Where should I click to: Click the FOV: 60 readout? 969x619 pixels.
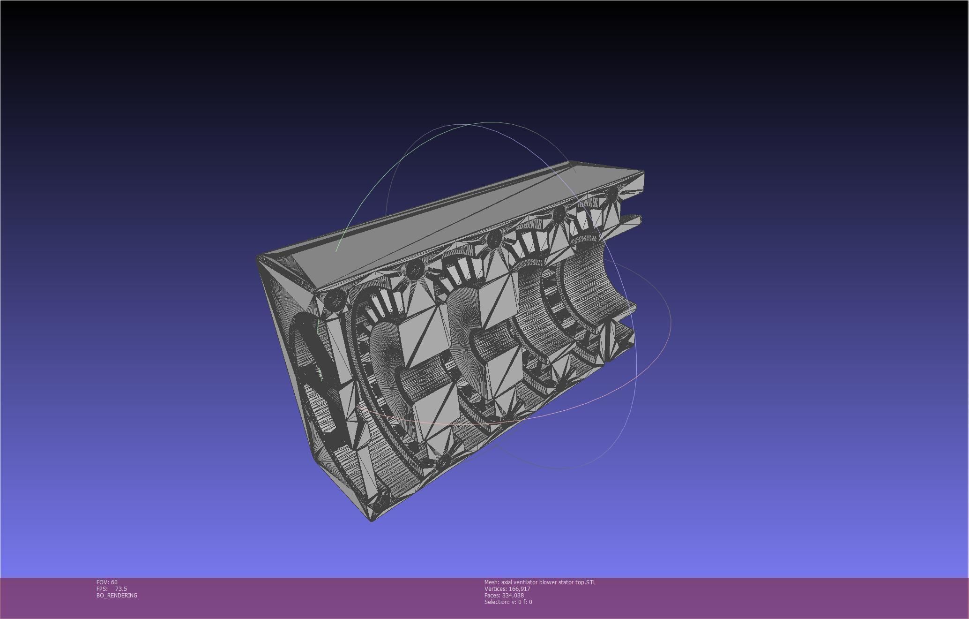107,582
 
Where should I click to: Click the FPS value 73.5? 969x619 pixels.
121,589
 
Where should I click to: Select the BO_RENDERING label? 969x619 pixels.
117,595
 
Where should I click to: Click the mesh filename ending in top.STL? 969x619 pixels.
548,582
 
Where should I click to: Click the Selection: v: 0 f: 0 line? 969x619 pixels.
508,602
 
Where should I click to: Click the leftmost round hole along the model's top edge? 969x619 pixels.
335,299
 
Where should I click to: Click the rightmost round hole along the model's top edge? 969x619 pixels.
612,193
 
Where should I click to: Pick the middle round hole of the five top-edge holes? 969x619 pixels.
494,240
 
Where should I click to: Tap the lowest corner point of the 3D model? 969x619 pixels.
371,520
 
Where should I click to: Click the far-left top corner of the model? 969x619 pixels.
258,257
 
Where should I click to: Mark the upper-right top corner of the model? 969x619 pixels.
643,172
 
